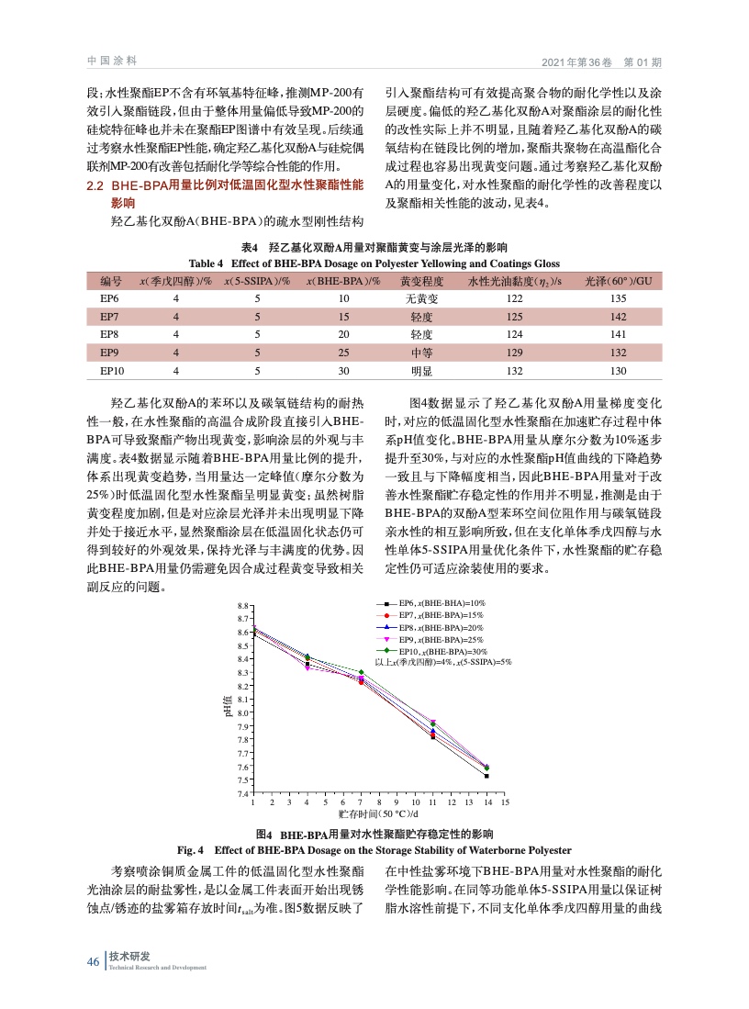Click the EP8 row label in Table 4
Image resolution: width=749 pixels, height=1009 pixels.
(x=109, y=335)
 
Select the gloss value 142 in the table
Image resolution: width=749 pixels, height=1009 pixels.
(x=618, y=317)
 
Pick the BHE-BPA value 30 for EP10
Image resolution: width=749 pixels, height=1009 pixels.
(x=344, y=371)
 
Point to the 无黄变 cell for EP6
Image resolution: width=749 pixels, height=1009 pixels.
(x=422, y=299)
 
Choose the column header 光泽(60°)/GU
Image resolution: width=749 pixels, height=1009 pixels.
(x=618, y=281)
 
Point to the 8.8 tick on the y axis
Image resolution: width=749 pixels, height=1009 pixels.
(x=241, y=606)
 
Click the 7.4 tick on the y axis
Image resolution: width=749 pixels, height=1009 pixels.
(x=241, y=793)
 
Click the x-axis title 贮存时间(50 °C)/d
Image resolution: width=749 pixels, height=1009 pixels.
(x=378, y=813)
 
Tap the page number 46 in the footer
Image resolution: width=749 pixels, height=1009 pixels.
(x=93, y=961)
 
